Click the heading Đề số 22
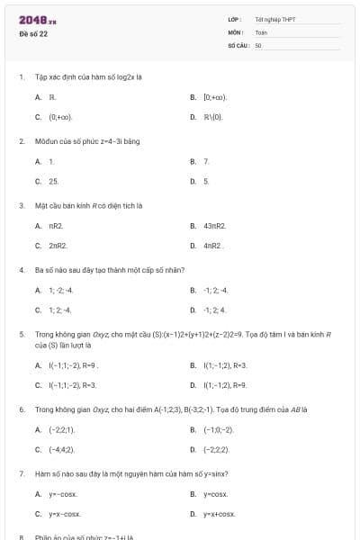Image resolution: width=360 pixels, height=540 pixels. coord(34,33)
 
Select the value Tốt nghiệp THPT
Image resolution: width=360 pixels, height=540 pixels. coord(274,19)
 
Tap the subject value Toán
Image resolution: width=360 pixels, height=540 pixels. coord(261,31)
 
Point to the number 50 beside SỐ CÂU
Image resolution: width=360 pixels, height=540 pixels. coord(258,44)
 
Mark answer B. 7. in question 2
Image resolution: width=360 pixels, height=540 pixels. coord(206,161)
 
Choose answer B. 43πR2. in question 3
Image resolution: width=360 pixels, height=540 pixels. coord(214,225)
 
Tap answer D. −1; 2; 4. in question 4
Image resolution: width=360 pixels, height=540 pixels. coord(215,310)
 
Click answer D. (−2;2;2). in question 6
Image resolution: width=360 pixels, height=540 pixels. coord(216,449)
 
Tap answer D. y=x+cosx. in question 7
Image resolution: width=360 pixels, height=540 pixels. coord(219,514)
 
